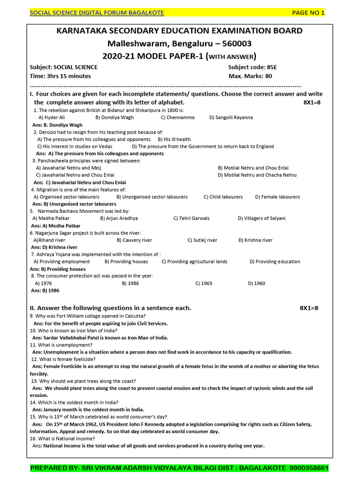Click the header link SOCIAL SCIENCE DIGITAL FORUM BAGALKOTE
tap(97, 13)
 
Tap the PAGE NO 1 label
tap(308, 13)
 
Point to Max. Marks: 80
tap(250, 76)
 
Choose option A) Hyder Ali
tap(52, 117)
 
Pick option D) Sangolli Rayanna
tap(231, 117)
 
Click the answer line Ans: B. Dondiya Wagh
tap(57, 125)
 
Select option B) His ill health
tap(174, 139)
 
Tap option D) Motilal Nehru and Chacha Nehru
tap(257, 175)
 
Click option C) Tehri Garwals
tap(191, 218)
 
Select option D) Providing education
tap(275, 262)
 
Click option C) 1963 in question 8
tap(203, 284)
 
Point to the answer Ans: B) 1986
tap(45, 291)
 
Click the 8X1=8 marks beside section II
tap(309, 308)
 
